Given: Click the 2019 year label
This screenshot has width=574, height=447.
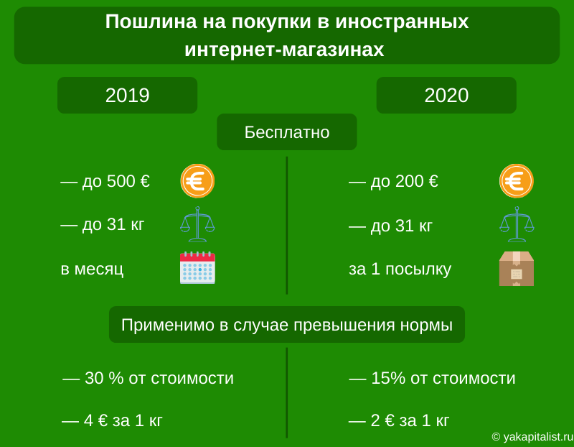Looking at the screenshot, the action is pos(128,96).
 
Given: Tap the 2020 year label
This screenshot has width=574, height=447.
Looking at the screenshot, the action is pos(446,96).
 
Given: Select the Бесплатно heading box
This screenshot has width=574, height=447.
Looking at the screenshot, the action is pos(286,132).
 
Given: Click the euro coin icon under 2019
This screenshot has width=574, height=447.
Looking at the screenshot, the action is pos(197,181).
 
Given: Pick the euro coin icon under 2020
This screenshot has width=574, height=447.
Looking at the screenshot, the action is pos(516,181).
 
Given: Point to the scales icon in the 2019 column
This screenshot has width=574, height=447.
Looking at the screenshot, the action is pos(197,224).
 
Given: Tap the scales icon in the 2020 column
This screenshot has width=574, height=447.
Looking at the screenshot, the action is pos(517,224).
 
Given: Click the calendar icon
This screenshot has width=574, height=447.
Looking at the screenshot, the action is pos(197,267).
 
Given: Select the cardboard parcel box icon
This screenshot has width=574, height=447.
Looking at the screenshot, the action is pos(516,269).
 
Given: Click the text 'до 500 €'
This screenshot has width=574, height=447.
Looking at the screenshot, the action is pos(116,181).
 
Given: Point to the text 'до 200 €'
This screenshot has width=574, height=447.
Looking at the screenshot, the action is pos(404,181).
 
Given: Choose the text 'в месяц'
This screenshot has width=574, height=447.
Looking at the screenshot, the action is pos(92,269).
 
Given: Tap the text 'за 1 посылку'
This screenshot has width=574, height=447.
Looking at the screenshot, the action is pos(400,269).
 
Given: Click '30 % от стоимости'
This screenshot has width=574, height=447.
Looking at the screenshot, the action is pos(159,378).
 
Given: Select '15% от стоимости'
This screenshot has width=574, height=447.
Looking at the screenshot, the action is pos(443,378).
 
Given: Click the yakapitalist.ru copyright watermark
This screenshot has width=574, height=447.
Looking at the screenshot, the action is pos(532,437).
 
